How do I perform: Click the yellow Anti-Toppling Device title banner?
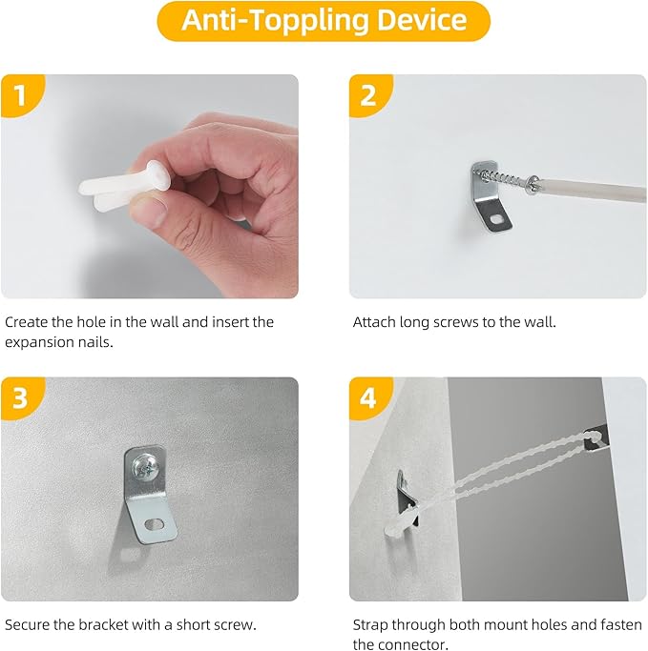click(x=324, y=21)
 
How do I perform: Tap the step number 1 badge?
click(x=21, y=94)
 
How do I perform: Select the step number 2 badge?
click(x=369, y=94)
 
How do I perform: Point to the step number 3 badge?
click(x=21, y=397)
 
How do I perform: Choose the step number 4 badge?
click(x=369, y=397)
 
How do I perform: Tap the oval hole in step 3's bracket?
click(x=154, y=524)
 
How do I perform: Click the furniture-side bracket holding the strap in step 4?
click(x=597, y=437)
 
